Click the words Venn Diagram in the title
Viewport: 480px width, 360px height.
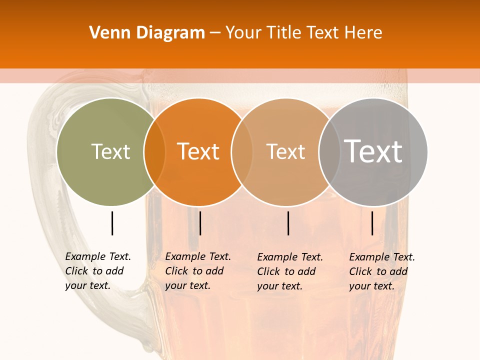tap(147, 32)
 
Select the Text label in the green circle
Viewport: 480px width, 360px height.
tap(110, 151)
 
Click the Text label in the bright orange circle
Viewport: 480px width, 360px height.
tap(198, 151)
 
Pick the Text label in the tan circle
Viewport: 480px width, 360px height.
tap(285, 151)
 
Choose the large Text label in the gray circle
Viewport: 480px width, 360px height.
tap(373, 151)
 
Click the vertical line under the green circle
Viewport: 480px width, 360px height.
tap(112, 223)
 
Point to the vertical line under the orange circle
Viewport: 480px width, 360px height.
tap(200, 223)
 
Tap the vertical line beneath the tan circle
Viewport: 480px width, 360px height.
tap(288, 223)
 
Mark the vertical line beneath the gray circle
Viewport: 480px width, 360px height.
tap(372, 223)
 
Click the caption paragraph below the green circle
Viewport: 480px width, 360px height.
tap(98, 271)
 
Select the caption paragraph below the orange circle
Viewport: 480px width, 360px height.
tap(198, 271)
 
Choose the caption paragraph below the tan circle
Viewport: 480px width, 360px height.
tap(290, 271)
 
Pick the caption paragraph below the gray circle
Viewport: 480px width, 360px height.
tap(382, 271)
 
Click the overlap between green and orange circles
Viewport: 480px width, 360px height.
tap(154, 151)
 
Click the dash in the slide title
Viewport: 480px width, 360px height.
tap(215, 33)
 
